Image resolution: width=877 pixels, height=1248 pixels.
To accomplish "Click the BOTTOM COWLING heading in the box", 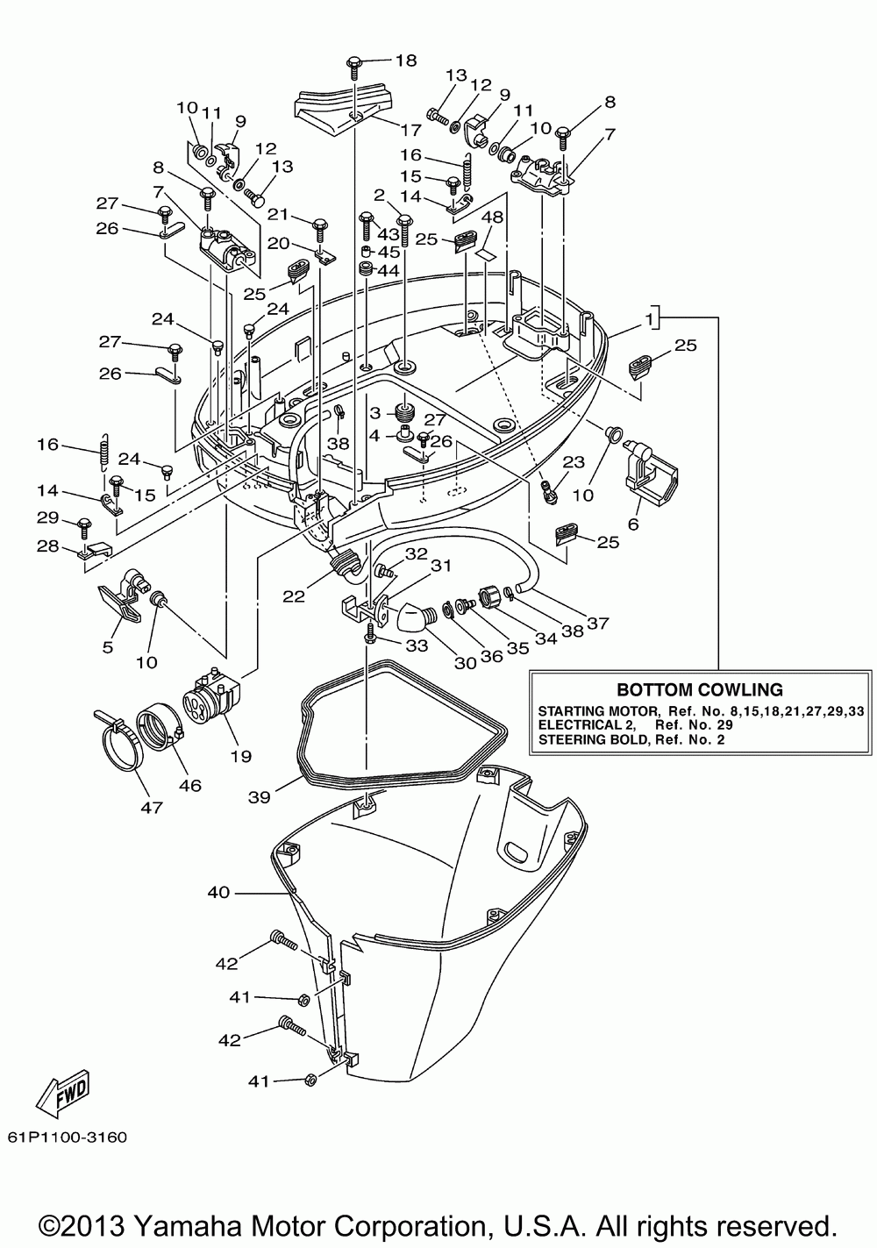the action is pos(699,689).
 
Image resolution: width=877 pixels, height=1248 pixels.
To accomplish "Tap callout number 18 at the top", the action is pos(406,61).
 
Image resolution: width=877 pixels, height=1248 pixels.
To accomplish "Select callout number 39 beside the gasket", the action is pos(259,797).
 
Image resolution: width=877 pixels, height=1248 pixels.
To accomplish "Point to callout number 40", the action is pos(218,892).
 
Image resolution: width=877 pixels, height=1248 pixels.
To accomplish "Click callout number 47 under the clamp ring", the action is pos(152,808).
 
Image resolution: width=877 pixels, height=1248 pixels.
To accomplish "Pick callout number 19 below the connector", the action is pos(240,756).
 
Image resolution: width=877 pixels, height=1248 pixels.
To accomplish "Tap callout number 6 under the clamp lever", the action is pos(633,524).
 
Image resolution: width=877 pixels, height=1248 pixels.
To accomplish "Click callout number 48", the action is pos(491,217).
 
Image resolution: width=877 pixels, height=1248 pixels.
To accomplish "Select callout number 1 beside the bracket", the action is pos(649,319).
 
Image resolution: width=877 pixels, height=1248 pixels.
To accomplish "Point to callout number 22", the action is pos(294,596).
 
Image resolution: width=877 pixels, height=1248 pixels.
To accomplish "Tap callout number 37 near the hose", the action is pos(597,623).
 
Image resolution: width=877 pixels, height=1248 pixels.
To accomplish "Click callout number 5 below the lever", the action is pos(108,647).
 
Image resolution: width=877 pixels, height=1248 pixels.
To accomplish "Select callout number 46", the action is pos(189,786).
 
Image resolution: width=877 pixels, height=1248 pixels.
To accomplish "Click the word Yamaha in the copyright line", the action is pos(187,1226).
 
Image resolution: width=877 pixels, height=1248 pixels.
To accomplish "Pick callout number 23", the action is pos(574,462).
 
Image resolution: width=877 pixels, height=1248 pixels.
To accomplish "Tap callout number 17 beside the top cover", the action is pos(410,130).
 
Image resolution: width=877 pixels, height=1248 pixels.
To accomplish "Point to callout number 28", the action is pos(47,546).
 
